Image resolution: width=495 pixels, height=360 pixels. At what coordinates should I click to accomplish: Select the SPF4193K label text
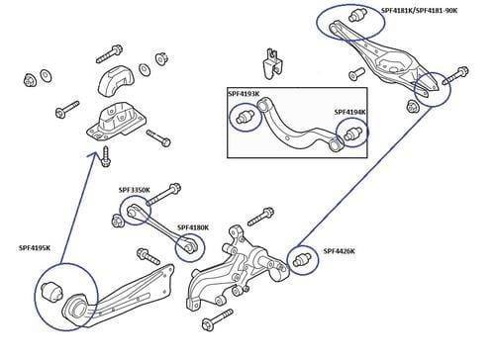click(x=244, y=94)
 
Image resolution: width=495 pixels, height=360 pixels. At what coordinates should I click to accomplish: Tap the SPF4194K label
click(x=349, y=113)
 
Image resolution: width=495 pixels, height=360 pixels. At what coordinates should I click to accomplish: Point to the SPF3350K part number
click(x=134, y=190)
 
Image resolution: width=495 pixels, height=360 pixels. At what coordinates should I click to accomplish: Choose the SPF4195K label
click(x=36, y=248)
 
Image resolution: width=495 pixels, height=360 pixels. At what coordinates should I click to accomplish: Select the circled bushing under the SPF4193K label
click(x=243, y=118)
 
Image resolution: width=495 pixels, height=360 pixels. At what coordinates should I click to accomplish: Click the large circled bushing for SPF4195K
click(x=56, y=293)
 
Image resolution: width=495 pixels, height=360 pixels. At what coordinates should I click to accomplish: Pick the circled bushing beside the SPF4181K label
click(x=357, y=17)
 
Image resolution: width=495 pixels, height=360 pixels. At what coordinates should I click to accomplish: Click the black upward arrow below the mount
click(x=106, y=151)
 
